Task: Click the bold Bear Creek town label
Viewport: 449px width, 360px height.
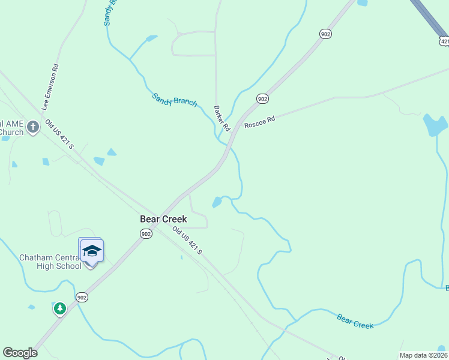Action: tap(163, 219)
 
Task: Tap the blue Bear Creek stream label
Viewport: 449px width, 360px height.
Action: tap(355, 321)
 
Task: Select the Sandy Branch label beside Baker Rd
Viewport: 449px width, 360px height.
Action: tap(174, 100)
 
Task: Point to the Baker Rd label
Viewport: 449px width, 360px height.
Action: tap(221, 118)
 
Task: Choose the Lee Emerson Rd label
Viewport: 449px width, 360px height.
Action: tap(50, 87)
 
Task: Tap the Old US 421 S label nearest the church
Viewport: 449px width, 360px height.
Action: tap(59, 134)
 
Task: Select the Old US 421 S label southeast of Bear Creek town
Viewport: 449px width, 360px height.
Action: tap(187, 240)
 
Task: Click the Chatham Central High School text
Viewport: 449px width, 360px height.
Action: tap(50, 262)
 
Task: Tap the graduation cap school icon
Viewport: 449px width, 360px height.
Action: tap(92, 250)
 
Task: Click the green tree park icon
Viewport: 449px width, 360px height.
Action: tap(59, 309)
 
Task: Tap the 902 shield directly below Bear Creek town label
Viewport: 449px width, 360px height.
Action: tap(146, 233)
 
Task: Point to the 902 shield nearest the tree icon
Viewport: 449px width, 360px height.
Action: tap(82, 297)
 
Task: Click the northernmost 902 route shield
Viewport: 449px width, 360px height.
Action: tap(325, 35)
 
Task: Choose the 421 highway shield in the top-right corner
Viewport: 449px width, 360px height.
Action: tap(444, 40)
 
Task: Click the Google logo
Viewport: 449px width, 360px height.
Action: tap(20, 353)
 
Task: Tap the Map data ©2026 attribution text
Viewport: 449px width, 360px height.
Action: tap(424, 355)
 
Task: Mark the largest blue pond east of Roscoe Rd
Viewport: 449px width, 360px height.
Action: tap(435, 124)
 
